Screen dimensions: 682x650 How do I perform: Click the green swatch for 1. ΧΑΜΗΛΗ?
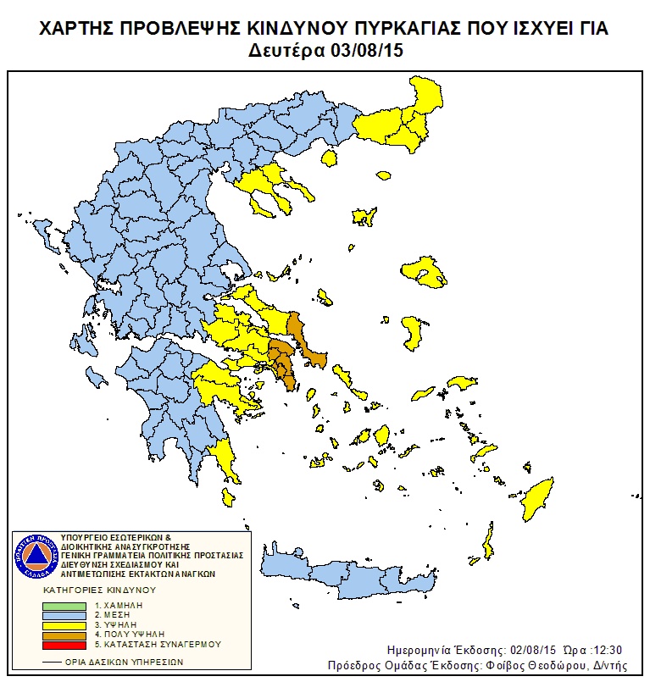point(64,606)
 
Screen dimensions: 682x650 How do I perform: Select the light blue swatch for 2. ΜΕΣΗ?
point(64,615)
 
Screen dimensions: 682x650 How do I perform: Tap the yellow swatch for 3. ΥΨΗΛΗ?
point(64,624)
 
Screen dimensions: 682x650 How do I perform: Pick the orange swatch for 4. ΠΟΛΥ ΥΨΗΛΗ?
point(64,634)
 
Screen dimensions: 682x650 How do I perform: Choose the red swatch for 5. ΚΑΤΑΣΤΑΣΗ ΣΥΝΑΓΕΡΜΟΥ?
point(64,643)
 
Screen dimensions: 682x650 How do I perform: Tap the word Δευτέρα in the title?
point(285,50)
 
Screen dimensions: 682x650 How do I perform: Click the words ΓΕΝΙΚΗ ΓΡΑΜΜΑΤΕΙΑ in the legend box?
point(97,556)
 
